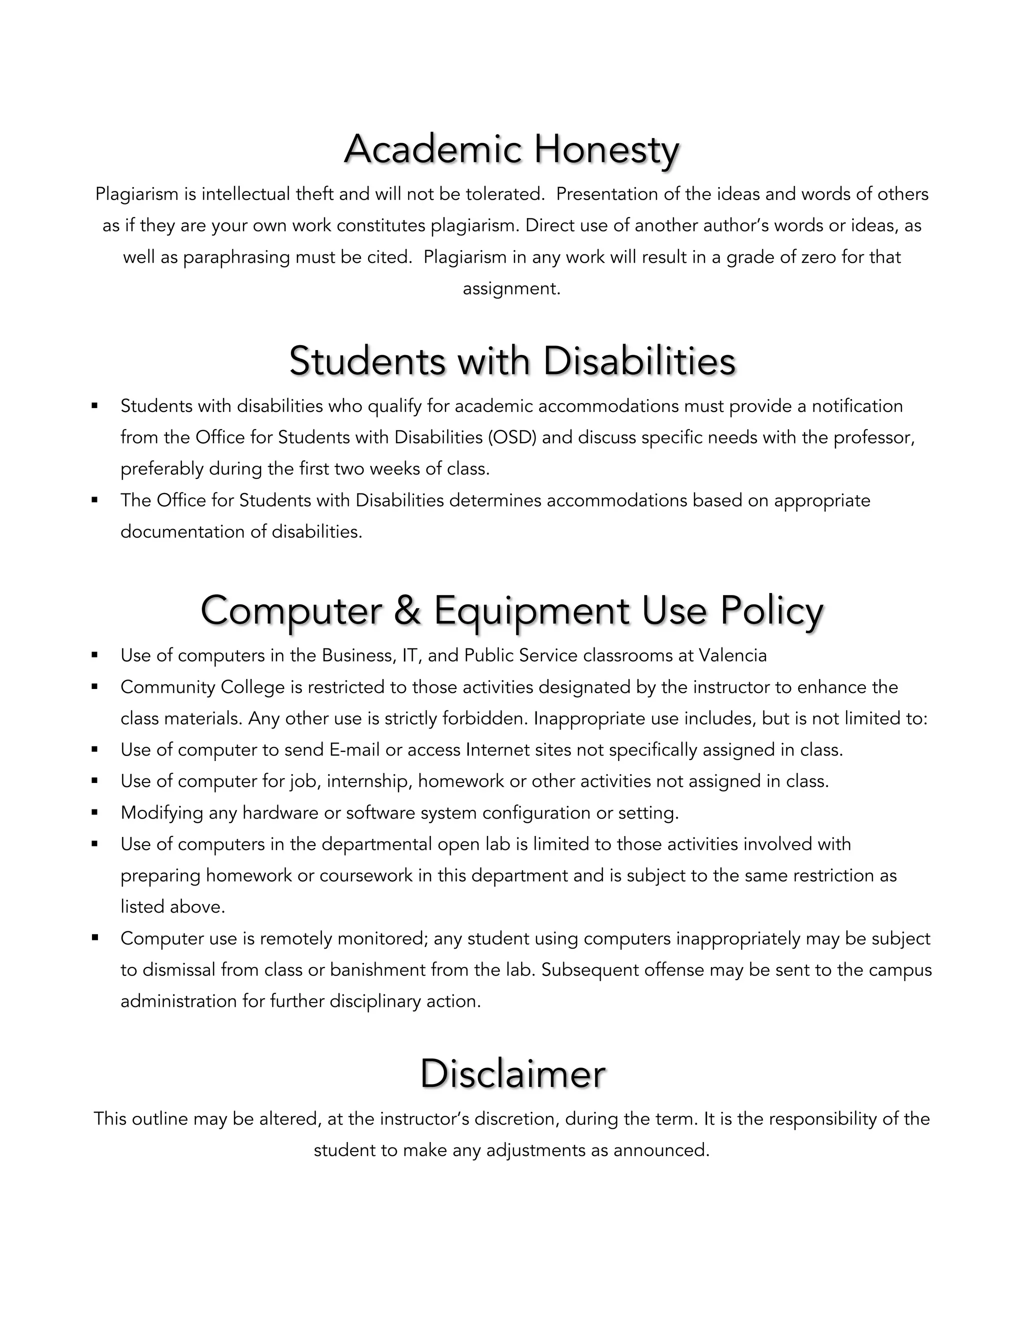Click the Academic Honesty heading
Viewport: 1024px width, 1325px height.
click(511, 149)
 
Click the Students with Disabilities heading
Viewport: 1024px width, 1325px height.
click(512, 361)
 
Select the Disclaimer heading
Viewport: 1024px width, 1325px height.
click(512, 1074)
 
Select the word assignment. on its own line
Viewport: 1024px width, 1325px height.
click(511, 289)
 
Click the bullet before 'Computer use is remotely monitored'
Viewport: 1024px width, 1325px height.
click(94, 937)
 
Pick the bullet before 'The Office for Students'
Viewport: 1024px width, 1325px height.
click(94, 500)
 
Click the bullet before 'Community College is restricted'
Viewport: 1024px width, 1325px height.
click(94, 687)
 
